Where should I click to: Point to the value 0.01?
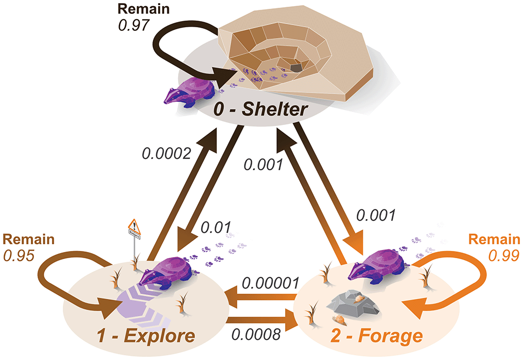pos(214,226)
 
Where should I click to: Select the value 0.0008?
pos(256,335)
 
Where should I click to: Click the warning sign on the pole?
pos(134,225)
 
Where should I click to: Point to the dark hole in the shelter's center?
pos(295,67)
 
